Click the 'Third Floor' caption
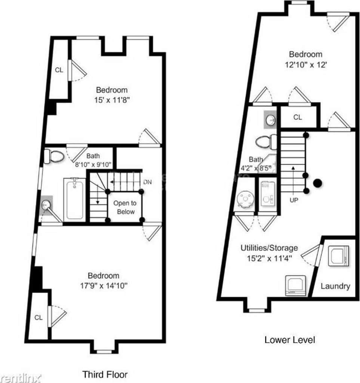tap(105, 374)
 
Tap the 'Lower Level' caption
tap(290, 340)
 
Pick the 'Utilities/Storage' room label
tap(269, 248)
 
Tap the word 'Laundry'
tap(335, 286)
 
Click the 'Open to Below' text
tap(125, 207)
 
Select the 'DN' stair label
tap(147, 182)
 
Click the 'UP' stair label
tap(294, 200)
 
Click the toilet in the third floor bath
tap(54, 156)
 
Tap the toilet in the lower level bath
tap(266, 142)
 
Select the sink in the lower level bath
tap(270, 120)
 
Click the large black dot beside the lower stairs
tap(317, 183)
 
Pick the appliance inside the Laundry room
tap(338, 256)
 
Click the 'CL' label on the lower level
tap(298, 117)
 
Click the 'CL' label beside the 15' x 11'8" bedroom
tap(59, 70)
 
